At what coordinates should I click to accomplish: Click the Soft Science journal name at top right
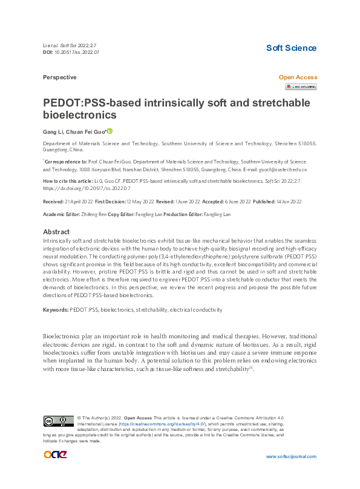point(291,48)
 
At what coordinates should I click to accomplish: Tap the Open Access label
point(297,77)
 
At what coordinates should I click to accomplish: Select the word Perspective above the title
point(60,77)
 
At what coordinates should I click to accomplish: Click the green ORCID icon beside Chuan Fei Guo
point(110,131)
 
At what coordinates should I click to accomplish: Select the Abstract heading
point(57,232)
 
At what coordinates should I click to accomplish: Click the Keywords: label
point(56,309)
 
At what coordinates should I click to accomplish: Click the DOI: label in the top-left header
point(48,53)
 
